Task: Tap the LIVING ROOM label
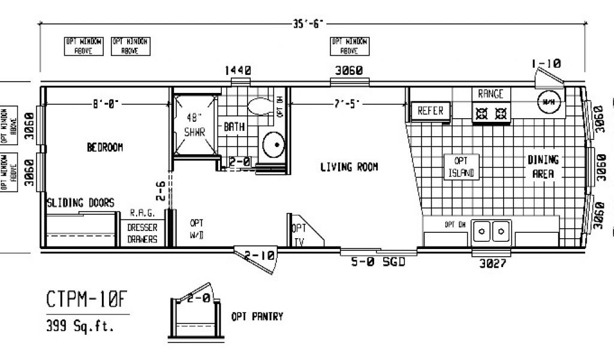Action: [x=349, y=167]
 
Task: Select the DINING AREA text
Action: [x=543, y=167]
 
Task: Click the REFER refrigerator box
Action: [x=430, y=111]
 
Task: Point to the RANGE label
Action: [x=490, y=94]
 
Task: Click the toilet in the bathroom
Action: [x=259, y=106]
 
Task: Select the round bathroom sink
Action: [x=274, y=144]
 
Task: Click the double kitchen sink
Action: [x=491, y=230]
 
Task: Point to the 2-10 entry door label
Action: [x=259, y=256]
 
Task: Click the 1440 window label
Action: [x=237, y=71]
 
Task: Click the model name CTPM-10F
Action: [x=88, y=298]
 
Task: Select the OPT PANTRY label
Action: [x=257, y=316]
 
